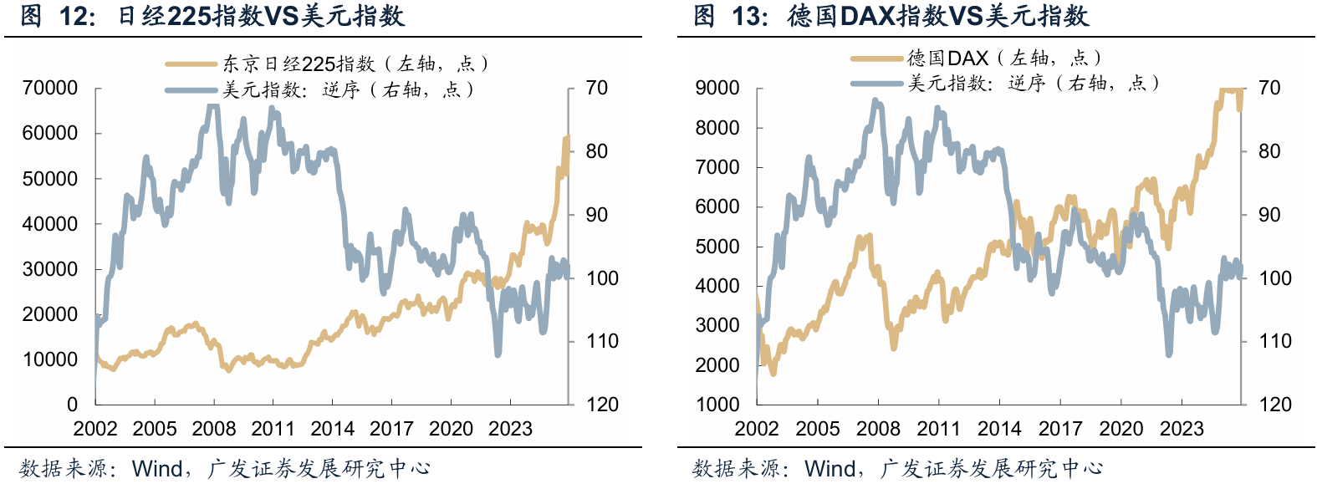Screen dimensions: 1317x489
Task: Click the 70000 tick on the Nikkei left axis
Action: point(50,88)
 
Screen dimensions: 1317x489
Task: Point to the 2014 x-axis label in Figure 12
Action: point(332,428)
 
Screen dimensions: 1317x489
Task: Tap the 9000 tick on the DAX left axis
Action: point(717,88)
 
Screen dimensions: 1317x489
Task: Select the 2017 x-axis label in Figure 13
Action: point(1060,428)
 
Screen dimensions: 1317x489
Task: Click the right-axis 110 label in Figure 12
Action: point(602,341)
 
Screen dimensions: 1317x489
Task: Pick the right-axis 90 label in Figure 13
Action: point(1269,215)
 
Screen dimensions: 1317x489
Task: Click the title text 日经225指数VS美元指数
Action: point(261,16)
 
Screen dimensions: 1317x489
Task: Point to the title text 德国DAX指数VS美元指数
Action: point(937,16)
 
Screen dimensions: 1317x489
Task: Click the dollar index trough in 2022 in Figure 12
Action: point(498,354)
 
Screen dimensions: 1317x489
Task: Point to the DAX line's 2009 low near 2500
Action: point(894,347)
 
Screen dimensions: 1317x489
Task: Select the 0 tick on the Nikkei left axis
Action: point(72,405)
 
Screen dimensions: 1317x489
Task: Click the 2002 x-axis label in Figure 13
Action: point(757,428)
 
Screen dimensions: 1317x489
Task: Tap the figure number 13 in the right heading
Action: point(747,17)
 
